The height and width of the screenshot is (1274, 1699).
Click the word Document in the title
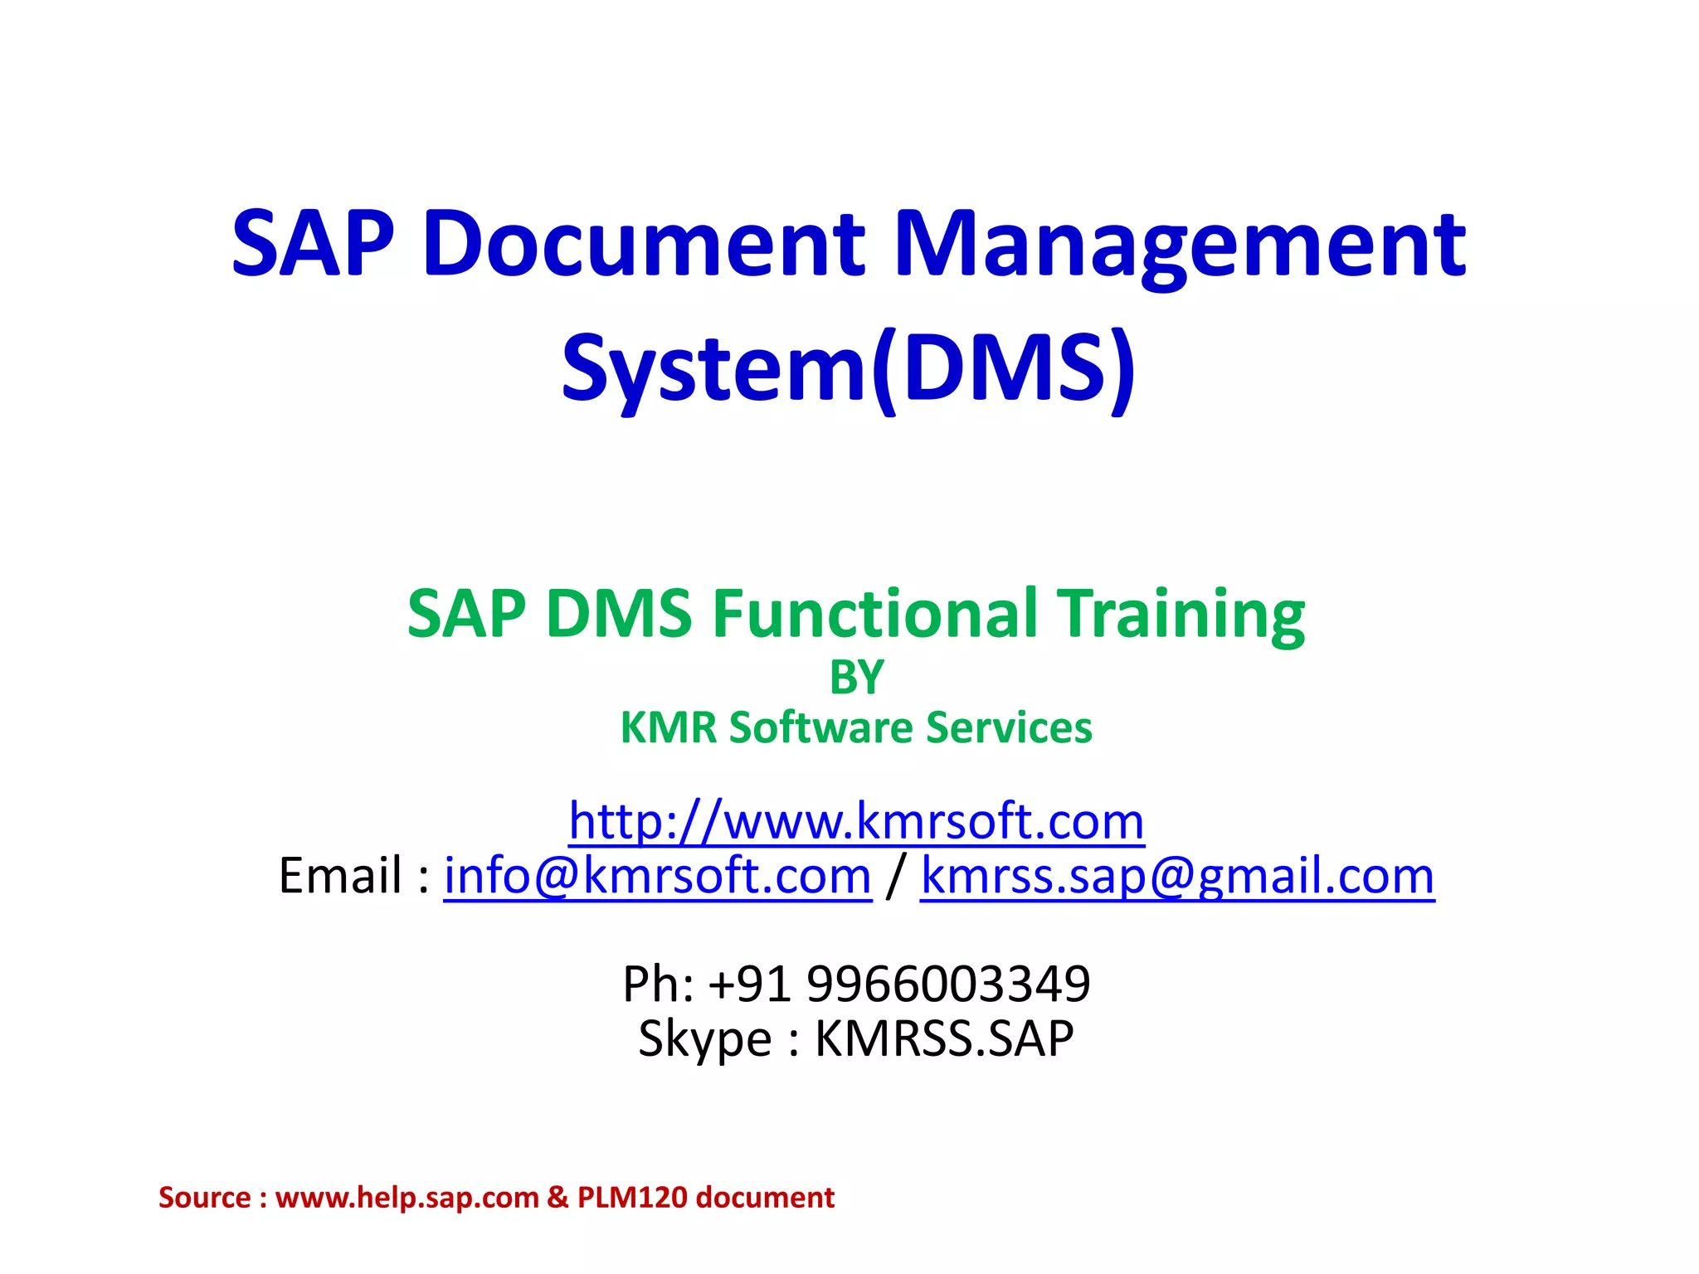coord(645,244)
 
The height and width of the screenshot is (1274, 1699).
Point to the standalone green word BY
coord(856,678)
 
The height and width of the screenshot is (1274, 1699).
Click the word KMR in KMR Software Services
coord(669,727)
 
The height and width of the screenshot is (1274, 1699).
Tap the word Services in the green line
coord(1009,727)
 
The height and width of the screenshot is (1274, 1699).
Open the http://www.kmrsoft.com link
coord(856,821)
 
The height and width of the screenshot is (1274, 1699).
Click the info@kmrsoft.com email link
coord(657,876)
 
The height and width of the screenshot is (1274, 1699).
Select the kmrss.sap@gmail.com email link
coord(1177,876)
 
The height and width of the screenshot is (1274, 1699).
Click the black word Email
coord(340,876)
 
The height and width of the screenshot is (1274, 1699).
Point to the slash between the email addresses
coord(895,876)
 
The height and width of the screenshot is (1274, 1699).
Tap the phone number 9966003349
coord(948,984)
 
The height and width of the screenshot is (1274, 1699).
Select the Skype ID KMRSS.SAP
coord(944,1038)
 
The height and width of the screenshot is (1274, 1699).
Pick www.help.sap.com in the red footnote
coord(406,1198)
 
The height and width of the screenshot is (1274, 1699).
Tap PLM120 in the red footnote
coord(632,1198)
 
